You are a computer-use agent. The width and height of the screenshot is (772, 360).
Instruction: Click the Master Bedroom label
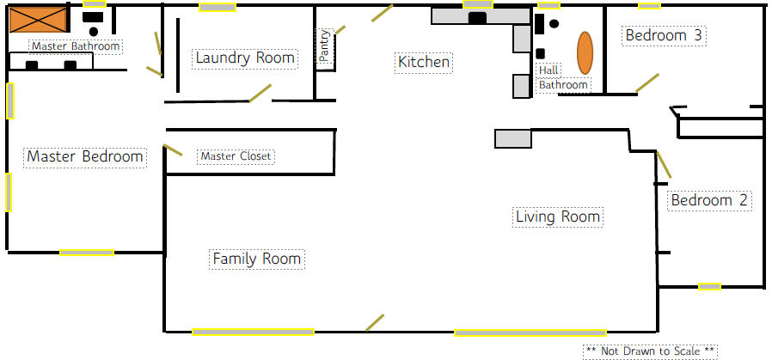point(85,157)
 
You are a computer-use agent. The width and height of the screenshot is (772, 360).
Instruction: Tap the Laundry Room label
point(245,58)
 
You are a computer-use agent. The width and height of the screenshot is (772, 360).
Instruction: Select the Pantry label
point(325,45)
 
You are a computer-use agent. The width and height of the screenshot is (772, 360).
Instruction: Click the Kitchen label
point(424,63)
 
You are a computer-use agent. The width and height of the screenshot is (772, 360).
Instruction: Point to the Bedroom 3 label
point(665,36)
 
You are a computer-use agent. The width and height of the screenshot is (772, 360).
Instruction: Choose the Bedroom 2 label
point(709,201)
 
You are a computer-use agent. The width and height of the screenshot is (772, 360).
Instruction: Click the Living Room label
point(558,217)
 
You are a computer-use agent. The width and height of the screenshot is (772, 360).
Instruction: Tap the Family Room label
point(257,259)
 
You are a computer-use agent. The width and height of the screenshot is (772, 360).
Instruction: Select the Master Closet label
point(236,157)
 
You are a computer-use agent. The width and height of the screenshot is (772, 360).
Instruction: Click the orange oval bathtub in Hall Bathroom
point(585,52)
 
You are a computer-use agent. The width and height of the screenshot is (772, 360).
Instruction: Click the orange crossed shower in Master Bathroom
point(38,20)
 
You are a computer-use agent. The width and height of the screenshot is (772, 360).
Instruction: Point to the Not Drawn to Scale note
point(650,351)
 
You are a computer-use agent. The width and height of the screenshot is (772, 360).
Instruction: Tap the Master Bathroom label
point(76,46)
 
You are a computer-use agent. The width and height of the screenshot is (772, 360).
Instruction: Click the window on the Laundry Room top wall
point(218,8)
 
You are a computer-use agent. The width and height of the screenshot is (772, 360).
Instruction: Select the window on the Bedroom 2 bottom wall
point(709,286)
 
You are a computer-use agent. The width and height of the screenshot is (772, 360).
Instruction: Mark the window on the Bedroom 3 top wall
point(649,6)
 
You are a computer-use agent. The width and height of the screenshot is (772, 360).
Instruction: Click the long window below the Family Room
point(253,332)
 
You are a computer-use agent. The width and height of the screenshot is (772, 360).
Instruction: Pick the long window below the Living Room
point(530,333)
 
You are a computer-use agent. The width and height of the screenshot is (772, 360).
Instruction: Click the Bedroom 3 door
point(647,82)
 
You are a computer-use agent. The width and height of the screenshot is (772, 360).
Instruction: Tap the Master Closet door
point(173,150)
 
